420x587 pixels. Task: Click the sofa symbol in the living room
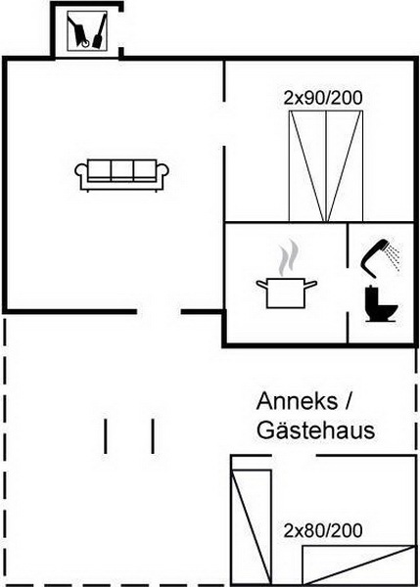pyautogui.click(x=121, y=175)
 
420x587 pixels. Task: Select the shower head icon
pyautogui.click(x=379, y=258)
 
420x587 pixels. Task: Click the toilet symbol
pyautogui.click(x=381, y=303)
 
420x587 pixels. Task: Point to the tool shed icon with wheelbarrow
pyautogui.click(x=87, y=30)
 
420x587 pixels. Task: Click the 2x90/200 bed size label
pyautogui.click(x=323, y=98)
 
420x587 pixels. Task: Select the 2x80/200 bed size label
pyautogui.click(x=323, y=530)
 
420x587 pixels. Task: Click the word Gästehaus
pyautogui.click(x=316, y=430)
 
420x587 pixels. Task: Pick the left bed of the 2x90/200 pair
pyautogui.click(x=307, y=166)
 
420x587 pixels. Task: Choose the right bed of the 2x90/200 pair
pyautogui.click(x=345, y=166)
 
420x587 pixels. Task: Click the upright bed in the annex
pyautogui.click(x=252, y=526)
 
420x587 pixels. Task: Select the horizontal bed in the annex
pyautogui.click(x=359, y=564)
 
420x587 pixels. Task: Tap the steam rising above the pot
pyautogui.click(x=289, y=256)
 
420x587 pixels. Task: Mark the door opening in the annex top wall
pyautogui.click(x=294, y=456)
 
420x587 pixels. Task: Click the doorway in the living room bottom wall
pyautogui.click(x=159, y=311)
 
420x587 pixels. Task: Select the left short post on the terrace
pyautogui.click(x=106, y=436)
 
